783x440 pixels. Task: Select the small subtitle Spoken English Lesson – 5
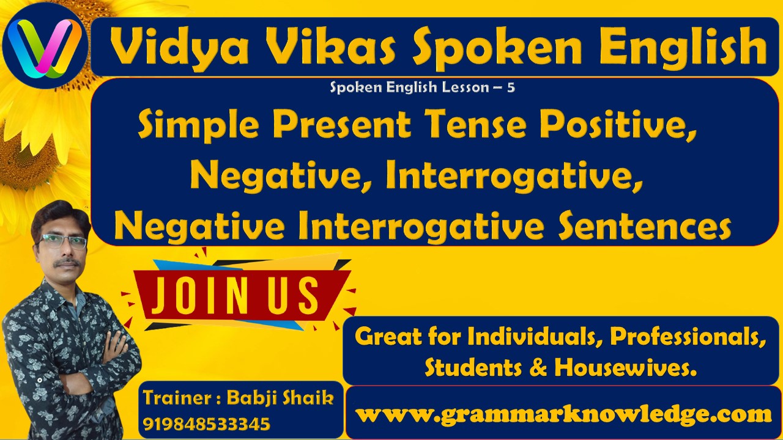tap(422, 87)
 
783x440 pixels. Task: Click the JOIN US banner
tap(236, 294)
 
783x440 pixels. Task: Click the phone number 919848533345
tap(206, 424)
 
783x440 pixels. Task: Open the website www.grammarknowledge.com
tap(563, 414)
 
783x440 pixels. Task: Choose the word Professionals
tap(688, 335)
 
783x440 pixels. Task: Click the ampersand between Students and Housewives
tap(538, 367)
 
